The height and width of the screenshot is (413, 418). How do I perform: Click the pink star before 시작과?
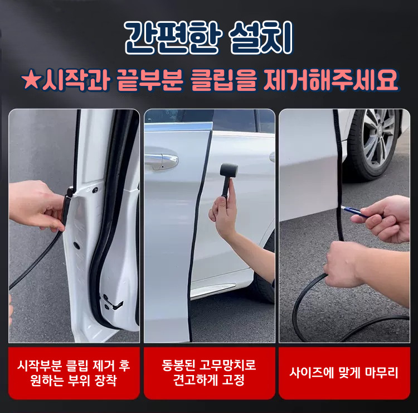tap(31, 80)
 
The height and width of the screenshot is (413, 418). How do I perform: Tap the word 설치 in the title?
tap(261, 38)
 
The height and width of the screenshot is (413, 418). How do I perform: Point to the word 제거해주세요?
tap(330, 80)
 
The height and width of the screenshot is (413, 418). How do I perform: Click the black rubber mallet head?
tap(229, 170)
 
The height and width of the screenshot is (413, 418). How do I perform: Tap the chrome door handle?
tap(161, 161)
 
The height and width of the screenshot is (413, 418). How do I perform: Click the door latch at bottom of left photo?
tap(113, 303)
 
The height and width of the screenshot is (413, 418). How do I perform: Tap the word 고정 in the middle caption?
tap(233, 380)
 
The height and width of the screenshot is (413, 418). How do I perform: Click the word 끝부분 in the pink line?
tap(150, 80)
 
